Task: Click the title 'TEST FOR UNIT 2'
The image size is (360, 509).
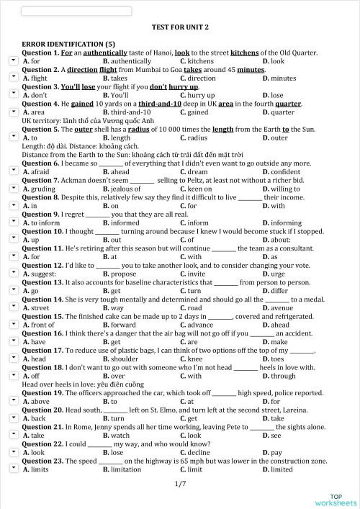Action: click(180, 27)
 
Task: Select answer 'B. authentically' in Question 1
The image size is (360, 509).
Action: click(127, 61)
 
